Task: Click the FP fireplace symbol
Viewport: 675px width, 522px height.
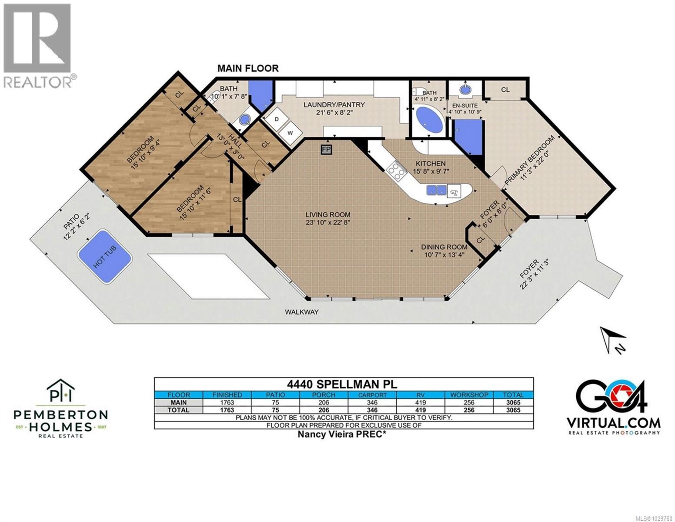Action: click(x=326, y=150)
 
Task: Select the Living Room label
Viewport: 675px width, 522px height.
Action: click(x=327, y=218)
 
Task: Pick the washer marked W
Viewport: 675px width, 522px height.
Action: click(x=289, y=131)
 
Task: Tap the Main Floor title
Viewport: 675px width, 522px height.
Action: click(x=248, y=68)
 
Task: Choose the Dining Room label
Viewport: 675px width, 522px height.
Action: click(x=444, y=251)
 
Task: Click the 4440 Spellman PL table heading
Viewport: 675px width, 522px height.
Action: click(x=344, y=384)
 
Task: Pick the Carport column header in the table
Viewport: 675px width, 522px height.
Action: click(x=372, y=395)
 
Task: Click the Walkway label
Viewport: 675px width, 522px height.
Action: click(x=302, y=312)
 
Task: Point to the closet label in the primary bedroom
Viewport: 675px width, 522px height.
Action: click(x=505, y=90)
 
